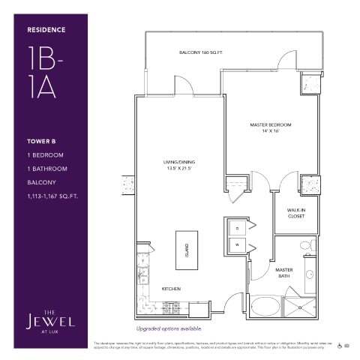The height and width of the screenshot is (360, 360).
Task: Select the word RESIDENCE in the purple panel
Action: (x=46, y=30)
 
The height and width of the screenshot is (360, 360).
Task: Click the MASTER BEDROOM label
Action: (x=270, y=124)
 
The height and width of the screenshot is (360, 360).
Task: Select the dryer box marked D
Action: (x=237, y=227)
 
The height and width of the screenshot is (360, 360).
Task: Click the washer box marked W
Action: (x=237, y=244)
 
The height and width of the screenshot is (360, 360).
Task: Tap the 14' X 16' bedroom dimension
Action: (x=270, y=131)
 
